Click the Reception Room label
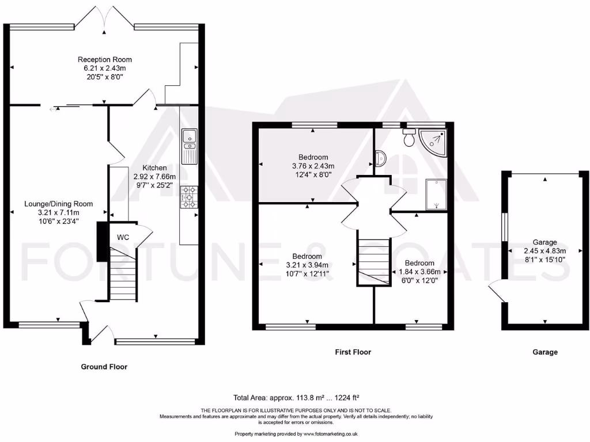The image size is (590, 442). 105,59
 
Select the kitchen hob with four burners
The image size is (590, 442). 188,197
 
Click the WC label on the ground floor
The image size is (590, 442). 123,237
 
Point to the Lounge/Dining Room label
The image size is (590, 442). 58,203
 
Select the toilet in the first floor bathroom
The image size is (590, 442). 409,139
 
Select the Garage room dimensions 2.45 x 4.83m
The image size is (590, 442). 544,251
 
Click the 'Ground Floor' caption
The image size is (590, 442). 104,367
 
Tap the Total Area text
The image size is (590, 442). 296,397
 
